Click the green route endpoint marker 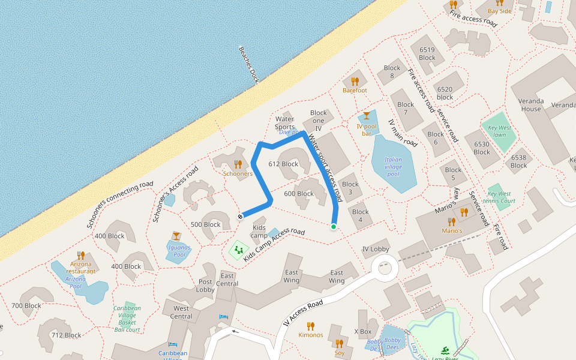tap(333, 226)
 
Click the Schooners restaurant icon tap(238, 164)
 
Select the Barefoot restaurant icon tap(355, 81)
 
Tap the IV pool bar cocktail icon tap(367, 115)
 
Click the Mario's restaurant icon tap(452, 221)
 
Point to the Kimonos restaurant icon tap(311, 326)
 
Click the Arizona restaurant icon tap(81, 255)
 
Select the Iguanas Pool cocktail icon tap(176, 236)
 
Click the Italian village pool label tap(393, 167)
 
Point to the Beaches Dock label tap(248, 64)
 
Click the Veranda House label tap(531, 105)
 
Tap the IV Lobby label tap(376, 249)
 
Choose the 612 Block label tap(283, 164)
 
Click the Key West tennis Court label tap(500, 197)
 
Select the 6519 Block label tap(427, 54)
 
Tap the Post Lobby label tap(206, 286)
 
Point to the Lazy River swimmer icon tap(445, 350)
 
